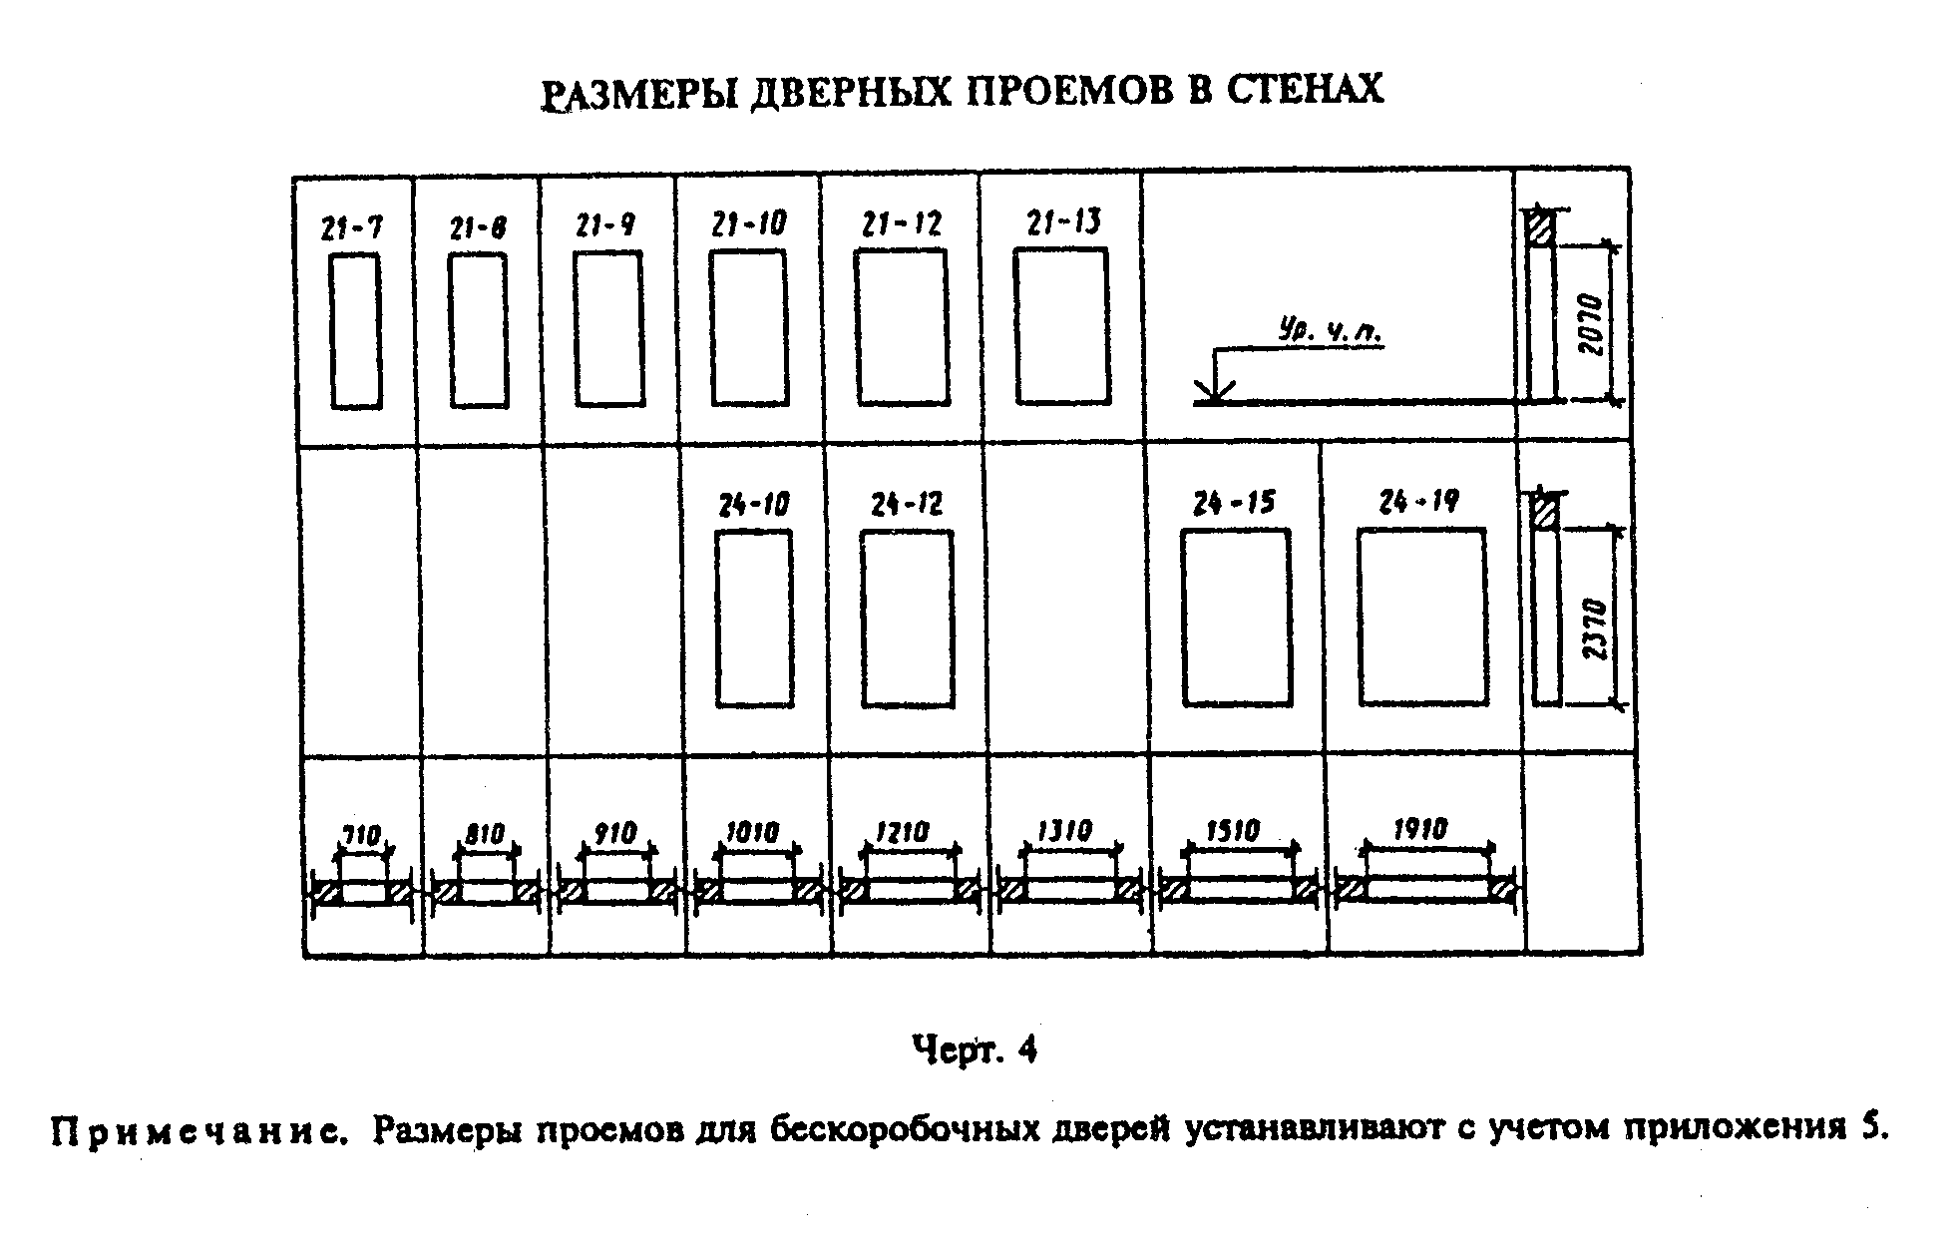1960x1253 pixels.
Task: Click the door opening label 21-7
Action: pos(351,228)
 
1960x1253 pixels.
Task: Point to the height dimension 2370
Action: pos(1595,628)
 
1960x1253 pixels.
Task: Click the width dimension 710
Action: pos(362,834)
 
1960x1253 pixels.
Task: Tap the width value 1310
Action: pos(1064,831)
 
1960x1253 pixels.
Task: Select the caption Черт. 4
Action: pos(975,1050)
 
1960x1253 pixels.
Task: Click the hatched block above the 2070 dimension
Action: pos(1542,227)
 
